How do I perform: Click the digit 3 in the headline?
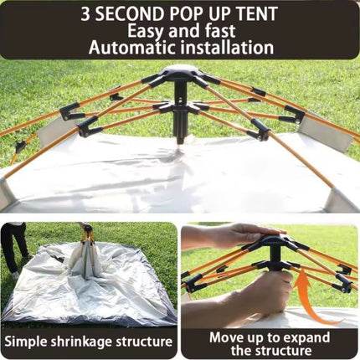[86, 14]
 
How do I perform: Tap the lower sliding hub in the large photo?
[179, 107]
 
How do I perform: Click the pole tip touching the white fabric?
[180, 141]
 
